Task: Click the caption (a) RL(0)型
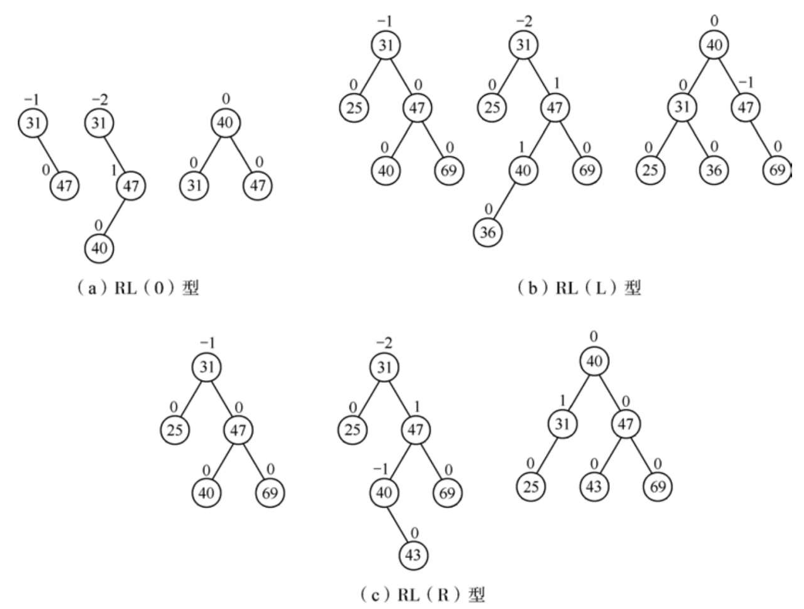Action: [x=138, y=288]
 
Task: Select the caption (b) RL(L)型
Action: [x=579, y=288]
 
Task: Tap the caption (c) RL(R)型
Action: [x=423, y=594]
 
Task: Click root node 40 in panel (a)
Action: [x=226, y=123]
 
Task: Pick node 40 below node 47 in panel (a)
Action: [x=99, y=248]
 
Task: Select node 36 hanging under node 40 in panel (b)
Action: [x=488, y=233]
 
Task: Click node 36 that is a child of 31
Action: [x=714, y=170]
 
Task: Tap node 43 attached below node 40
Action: [x=413, y=555]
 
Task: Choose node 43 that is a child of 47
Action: [x=594, y=486]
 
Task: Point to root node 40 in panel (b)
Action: [x=714, y=45]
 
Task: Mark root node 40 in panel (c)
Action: [x=594, y=361]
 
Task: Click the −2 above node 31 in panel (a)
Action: [x=100, y=100]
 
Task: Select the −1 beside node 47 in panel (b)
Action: [x=746, y=83]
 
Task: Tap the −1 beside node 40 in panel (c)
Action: [x=381, y=469]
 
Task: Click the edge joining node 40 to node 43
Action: [x=399, y=524]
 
